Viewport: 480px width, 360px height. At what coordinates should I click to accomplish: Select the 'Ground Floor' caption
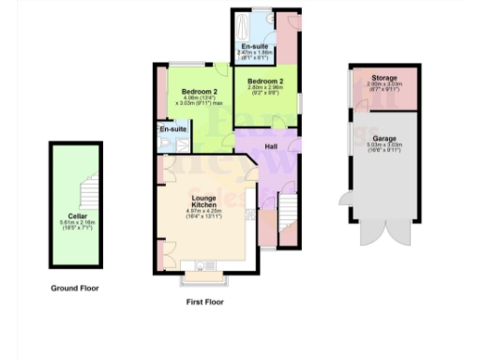pos(75,289)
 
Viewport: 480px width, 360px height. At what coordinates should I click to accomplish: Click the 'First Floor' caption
pos(205,302)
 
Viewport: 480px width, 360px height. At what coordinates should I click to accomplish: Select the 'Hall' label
pos(270,146)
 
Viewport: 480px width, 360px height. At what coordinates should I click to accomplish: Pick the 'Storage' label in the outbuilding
pos(382,78)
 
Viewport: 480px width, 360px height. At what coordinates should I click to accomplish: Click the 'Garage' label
pos(382,138)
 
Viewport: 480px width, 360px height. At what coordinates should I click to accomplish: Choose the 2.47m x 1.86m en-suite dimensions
pos(255,54)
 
